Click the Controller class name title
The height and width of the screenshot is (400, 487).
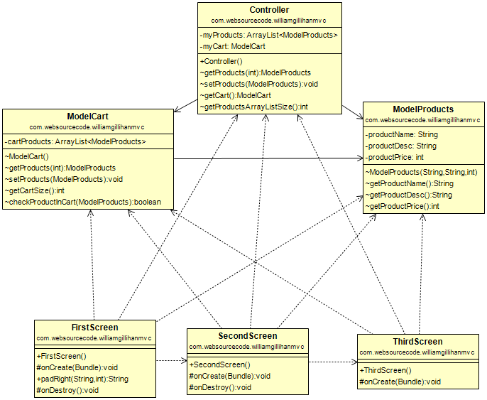269,10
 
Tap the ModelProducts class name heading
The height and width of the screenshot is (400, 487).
423,109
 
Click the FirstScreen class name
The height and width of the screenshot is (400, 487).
95,328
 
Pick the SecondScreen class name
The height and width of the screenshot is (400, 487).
247,336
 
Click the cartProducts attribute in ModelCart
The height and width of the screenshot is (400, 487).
75,141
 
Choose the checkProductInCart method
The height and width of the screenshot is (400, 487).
83,202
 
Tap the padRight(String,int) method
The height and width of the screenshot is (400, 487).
82,379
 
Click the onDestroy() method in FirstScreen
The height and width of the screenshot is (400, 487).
67,390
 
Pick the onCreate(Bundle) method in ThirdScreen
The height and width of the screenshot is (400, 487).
400,382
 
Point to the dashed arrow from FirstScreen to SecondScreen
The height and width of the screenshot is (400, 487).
170,361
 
